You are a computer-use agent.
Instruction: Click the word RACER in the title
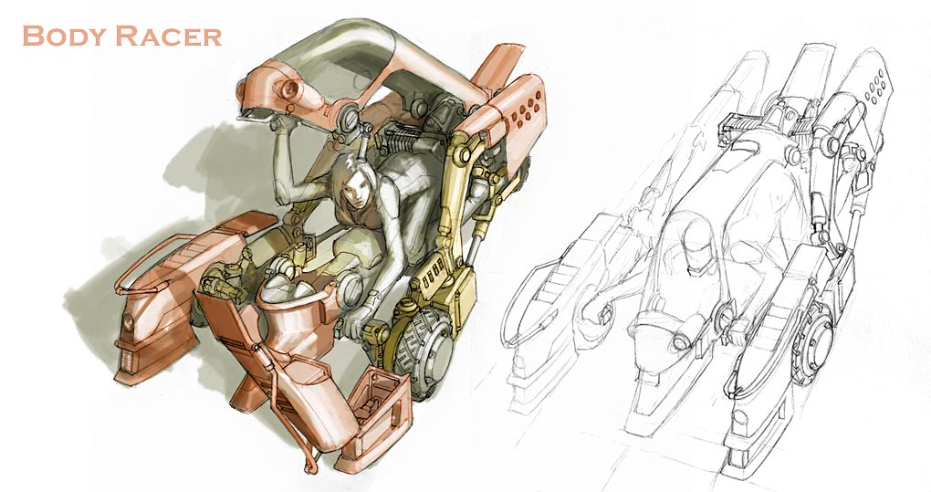(x=169, y=37)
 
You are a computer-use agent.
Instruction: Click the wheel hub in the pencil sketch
(x=816, y=342)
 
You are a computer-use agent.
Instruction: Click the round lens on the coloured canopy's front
(x=289, y=89)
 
